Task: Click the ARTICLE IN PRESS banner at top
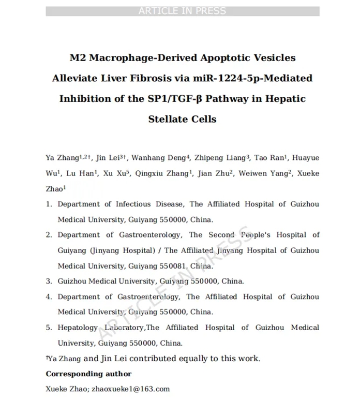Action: (x=182, y=11)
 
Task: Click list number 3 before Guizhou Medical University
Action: (x=49, y=282)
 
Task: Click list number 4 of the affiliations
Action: (x=49, y=297)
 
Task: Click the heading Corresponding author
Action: (x=88, y=374)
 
